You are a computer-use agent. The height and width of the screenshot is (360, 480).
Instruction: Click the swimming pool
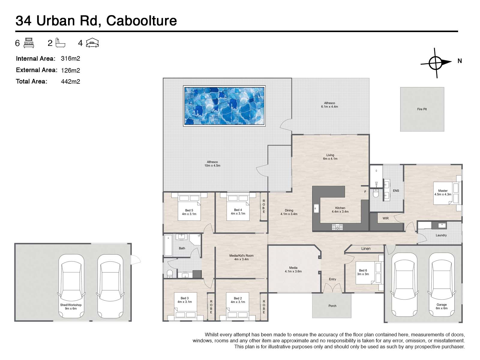point(224,106)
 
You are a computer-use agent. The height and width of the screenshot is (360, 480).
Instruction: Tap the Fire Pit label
point(422,109)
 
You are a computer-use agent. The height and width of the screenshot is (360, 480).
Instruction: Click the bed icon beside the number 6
point(29,43)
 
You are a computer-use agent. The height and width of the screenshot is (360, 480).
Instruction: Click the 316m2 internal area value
point(70,58)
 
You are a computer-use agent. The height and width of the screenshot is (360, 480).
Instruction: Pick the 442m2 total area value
point(70,82)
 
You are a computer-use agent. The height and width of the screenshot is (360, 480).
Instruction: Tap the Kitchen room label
point(340,208)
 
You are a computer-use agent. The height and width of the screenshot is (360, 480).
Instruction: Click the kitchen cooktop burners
point(337,227)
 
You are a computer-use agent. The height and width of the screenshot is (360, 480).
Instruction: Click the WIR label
point(385,218)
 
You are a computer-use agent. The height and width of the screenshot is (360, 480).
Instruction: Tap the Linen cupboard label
point(366,249)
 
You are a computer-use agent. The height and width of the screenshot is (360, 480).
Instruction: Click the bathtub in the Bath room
point(168,245)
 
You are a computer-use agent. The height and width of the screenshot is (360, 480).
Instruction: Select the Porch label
point(332,306)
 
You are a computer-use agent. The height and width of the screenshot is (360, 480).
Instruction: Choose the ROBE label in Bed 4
point(264,206)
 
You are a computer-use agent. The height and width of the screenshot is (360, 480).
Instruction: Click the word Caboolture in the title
point(141,21)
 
